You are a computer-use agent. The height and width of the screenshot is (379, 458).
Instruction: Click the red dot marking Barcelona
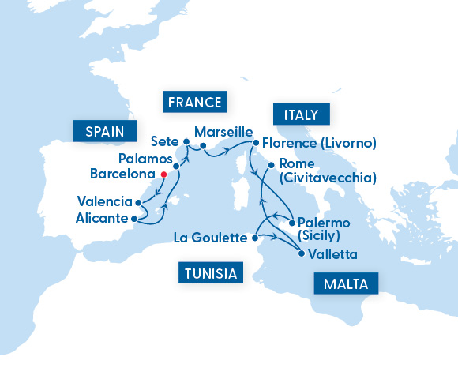coord(163,174)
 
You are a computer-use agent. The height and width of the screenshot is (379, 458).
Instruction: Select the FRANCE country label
coord(193,102)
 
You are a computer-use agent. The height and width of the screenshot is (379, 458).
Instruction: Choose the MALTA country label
coord(346,283)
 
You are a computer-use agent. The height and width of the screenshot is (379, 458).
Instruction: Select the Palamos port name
coord(145,159)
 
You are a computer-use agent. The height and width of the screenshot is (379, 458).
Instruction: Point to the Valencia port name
coord(105,201)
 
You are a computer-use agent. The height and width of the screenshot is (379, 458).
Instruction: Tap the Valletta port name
coord(332,254)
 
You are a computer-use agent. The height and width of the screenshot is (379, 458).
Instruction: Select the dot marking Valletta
coord(301,253)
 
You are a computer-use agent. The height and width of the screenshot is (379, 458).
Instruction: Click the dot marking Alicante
coord(134,218)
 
